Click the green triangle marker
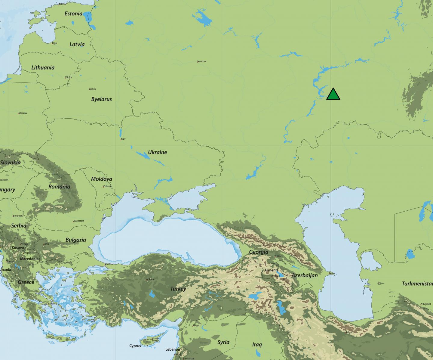[x=333, y=95]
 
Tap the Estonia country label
[x=73, y=14]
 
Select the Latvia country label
[x=77, y=44]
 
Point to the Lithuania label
[x=43, y=67]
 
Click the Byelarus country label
[x=101, y=99]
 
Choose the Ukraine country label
[x=157, y=152]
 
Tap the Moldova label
[x=102, y=179]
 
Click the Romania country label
[x=59, y=187]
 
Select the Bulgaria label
[x=76, y=240]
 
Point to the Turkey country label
[x=178, y=289]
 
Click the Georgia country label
[x=259, y=252]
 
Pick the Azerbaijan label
[x=305, y=275]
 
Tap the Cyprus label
[x=135, y=346]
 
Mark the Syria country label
[x=223, y=342]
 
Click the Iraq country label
[x=257, y=345]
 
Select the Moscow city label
[x=202, y=61]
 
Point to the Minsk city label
[x=92, y=89]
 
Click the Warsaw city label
[x=23, y=113]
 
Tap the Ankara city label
[x=150, y=279]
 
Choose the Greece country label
[x=26, y=282]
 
